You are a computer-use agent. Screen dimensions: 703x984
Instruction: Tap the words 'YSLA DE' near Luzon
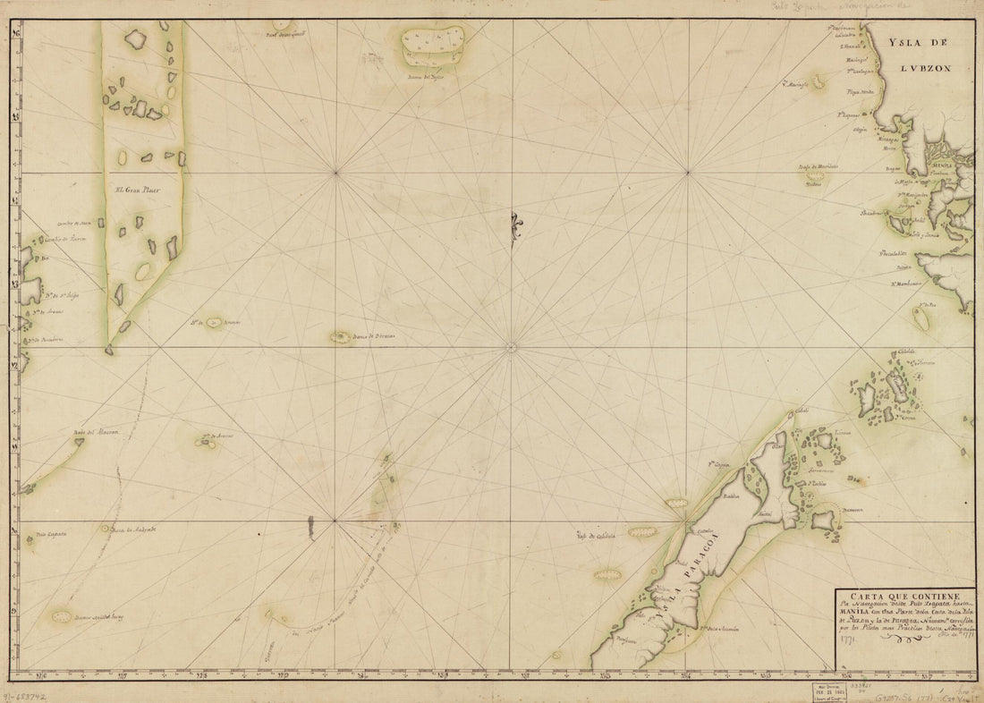(916, 41)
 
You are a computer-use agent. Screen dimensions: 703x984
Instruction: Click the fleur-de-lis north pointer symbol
(513, 228)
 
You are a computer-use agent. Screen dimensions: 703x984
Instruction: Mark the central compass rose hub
(512, 347)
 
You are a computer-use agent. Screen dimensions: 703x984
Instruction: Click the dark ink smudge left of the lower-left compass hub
(310, 528)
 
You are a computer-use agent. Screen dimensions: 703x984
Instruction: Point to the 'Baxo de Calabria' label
(599, 537)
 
